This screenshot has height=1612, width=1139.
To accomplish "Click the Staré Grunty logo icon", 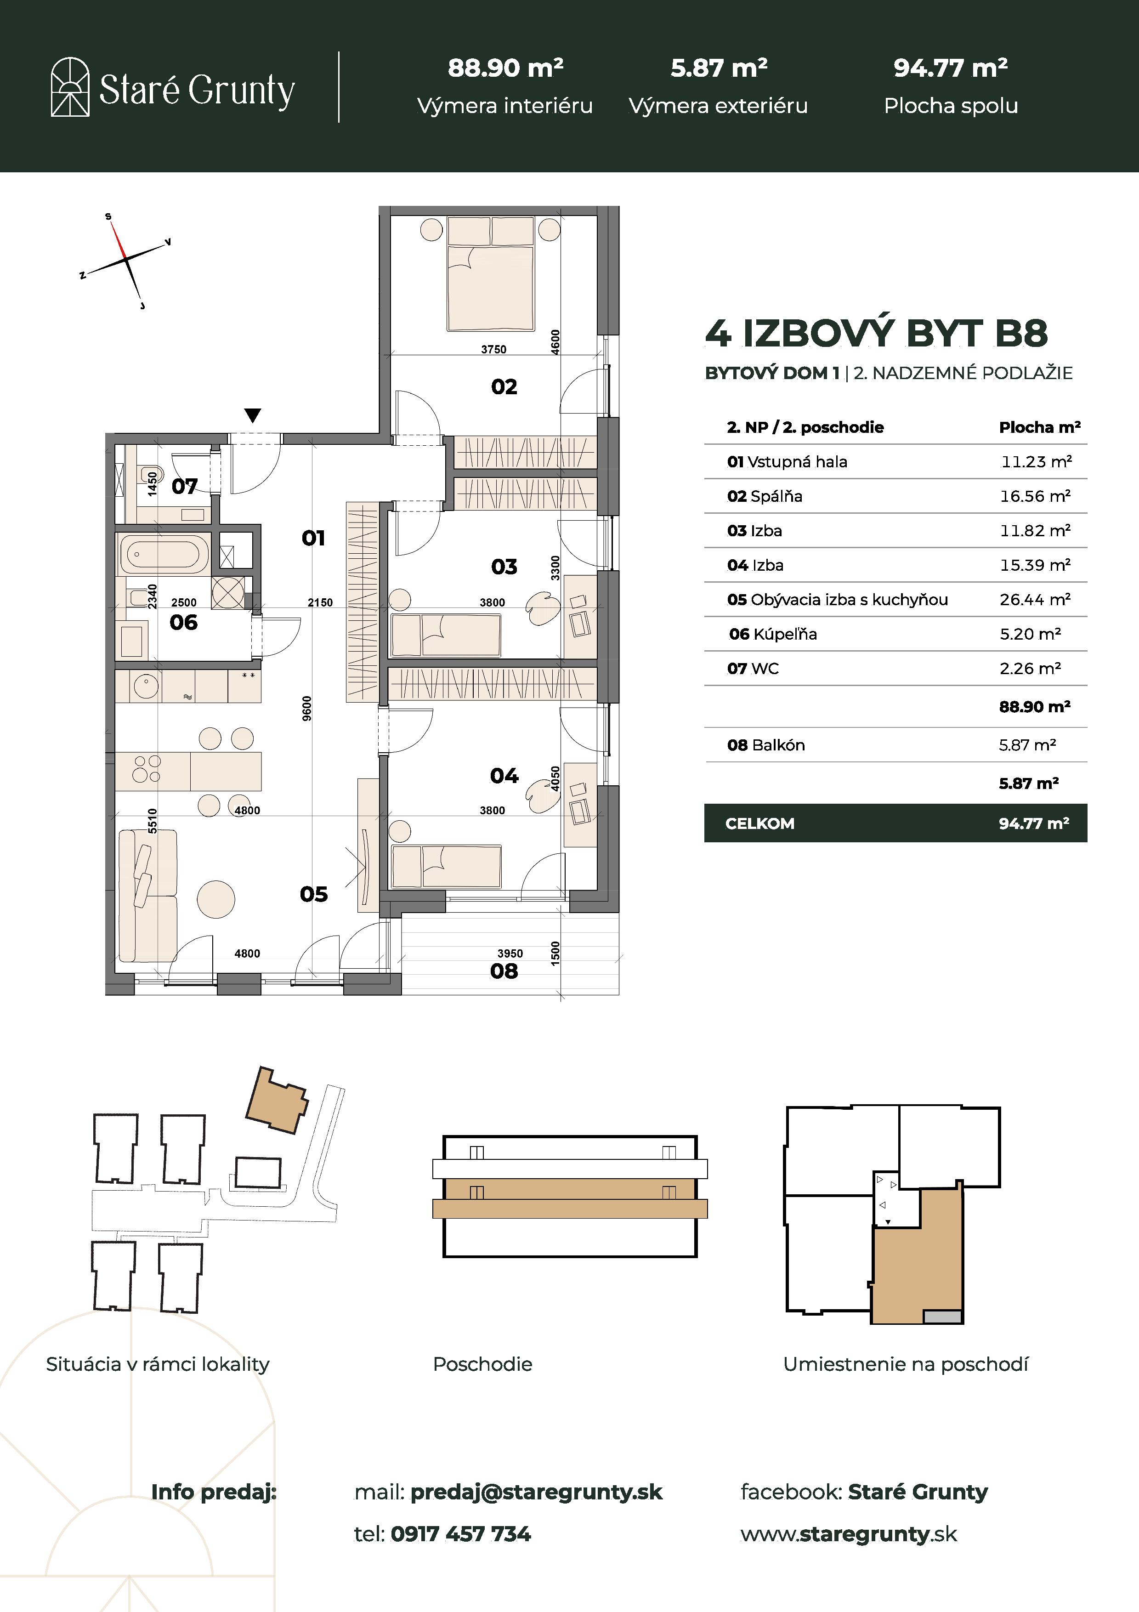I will click(70, 87).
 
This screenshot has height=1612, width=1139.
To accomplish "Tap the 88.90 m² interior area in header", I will click(505, 68).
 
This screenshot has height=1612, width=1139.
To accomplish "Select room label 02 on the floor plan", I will click(504, 387).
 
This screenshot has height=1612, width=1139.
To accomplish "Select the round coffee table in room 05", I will click(216, 899).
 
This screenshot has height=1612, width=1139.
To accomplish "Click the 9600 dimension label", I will click(306, 709).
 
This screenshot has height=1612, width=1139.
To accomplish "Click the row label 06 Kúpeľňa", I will click(772, 634).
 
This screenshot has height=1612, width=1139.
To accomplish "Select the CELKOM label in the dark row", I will click(759, 823).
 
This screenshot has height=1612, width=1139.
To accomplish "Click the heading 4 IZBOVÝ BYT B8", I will click(876, 334).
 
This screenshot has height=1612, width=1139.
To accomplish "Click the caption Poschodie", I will click(483, 1364).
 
